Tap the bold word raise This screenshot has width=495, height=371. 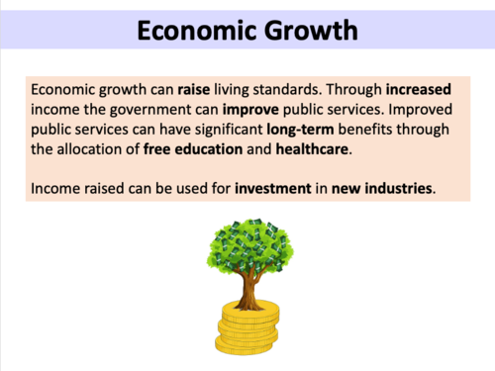(x=193, y=88)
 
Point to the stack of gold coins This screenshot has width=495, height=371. (x=247, y=325)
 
